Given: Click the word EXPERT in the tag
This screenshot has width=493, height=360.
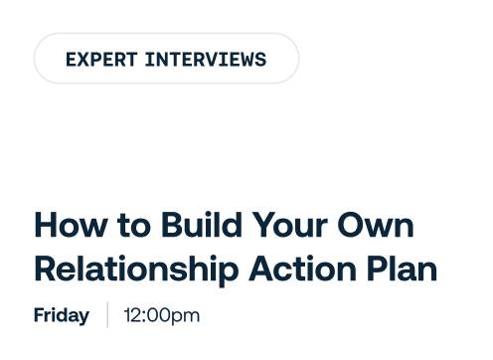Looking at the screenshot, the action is pos(101,60).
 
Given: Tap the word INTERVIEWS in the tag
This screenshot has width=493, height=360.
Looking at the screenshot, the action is pos(206,60).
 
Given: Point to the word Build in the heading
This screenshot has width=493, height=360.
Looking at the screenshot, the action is pos(202,225).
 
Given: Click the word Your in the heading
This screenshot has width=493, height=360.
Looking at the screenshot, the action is pos(290,226).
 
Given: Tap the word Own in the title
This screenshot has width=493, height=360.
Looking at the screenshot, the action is pos(376,226).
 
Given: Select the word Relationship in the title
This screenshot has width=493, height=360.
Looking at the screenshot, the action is pos(136,270).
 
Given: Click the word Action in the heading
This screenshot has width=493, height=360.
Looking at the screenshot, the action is pos(302,269).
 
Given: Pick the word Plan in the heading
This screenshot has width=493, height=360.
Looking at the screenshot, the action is pos(402,269).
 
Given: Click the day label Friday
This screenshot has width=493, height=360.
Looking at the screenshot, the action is pos(62,315).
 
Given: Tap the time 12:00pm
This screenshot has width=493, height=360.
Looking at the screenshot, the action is pos(162,315).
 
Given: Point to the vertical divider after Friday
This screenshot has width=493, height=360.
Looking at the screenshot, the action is pos(107,314).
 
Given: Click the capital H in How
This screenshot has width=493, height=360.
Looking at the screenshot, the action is pos(46,226).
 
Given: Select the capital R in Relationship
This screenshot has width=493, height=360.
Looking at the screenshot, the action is pos(47,270).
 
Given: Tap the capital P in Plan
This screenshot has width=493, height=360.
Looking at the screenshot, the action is pos(377,270).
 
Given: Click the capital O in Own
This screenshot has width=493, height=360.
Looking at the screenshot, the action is pos(351,226).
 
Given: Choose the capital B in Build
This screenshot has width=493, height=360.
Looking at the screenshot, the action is pos(173,226).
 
